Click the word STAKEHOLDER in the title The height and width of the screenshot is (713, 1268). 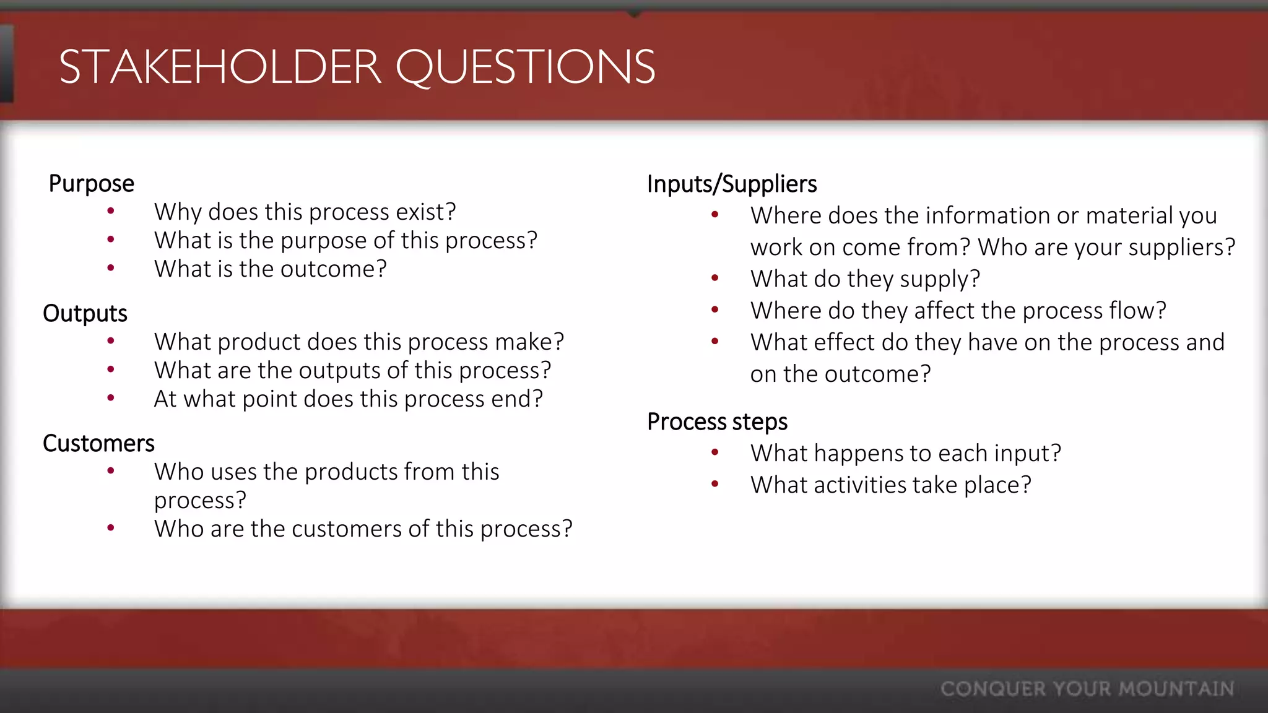[220, 67]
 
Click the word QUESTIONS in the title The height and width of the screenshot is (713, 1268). [525, 67]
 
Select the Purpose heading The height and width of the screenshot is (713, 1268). [91, 184]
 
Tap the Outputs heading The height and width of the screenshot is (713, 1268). [85, 314]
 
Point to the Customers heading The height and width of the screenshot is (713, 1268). [98, 444]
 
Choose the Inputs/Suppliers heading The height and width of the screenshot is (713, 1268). [732, 184]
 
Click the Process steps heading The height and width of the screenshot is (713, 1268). [717, 422]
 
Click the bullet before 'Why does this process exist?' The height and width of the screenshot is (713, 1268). [111, 212]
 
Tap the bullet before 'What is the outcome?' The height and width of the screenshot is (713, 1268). [111, 269]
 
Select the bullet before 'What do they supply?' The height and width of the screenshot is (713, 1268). [715, 279]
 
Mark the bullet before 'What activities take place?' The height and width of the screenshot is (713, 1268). [715, 485]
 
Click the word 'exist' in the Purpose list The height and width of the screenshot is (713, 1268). [420, 212]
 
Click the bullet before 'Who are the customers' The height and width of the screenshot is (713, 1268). [111, 529]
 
